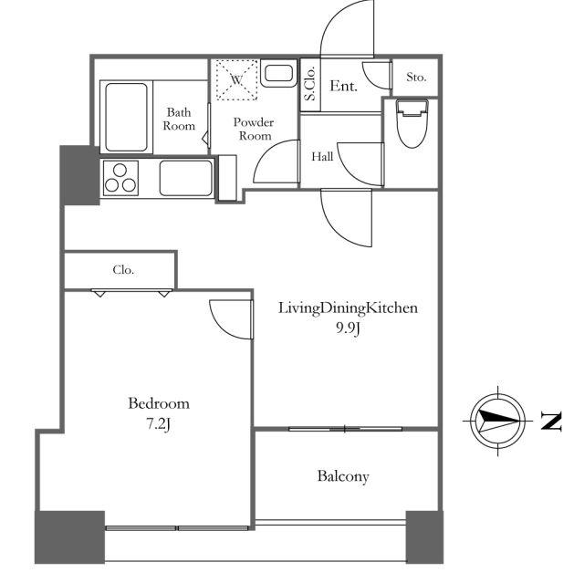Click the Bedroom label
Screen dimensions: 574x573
159,403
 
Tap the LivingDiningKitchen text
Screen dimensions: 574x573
348,308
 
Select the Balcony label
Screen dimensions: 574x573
343,476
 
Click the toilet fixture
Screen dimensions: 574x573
412,123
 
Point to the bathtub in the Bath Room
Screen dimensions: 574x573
126,117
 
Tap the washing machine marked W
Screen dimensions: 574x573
236,79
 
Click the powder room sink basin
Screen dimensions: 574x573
278,74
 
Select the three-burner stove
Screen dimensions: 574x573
120,178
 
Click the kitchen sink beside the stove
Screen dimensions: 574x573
186,179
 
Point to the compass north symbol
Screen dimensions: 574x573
498,421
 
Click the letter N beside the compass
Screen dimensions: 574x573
551,422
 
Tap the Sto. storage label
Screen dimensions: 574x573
416,78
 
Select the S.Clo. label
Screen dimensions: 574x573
310,83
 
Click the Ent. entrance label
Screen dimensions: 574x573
343,87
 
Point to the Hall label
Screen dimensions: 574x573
322,157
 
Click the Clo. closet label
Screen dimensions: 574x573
123,270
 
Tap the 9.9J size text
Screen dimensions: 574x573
348,328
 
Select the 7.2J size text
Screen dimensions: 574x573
159,424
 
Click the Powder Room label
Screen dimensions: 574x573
254,129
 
